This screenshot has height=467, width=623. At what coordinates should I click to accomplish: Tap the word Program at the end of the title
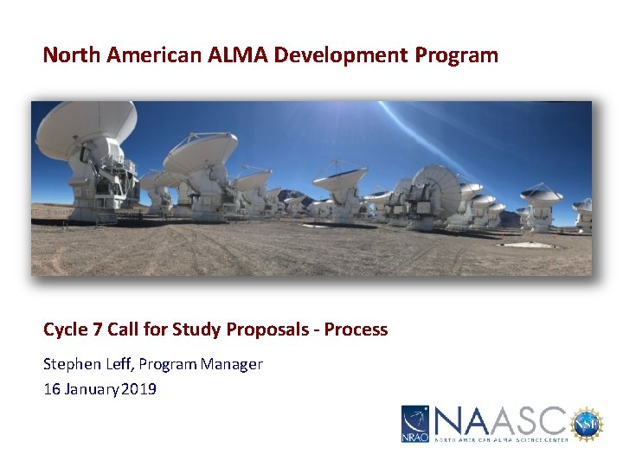tap(456, 55)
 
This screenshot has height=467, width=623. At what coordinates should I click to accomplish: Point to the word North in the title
tap(73, 55)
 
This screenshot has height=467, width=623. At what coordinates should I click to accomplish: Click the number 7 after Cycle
tap(95, 329)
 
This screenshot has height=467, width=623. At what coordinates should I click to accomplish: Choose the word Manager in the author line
tap(231, 364)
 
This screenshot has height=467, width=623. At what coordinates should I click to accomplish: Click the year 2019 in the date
tap(139, 389)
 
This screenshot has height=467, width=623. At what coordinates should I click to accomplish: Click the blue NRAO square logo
tap(414, 424)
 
